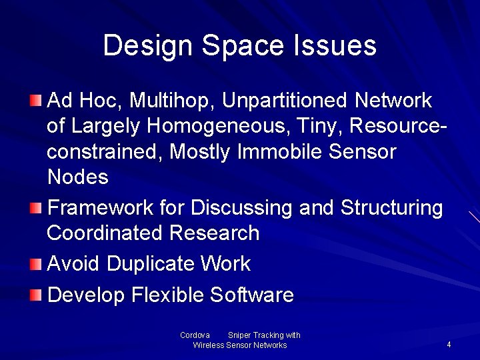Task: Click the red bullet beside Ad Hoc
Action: [36, 101]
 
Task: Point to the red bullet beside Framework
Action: [36, 208]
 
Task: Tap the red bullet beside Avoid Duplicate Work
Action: [36, 264]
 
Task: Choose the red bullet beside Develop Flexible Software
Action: [36, 295]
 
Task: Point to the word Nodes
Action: [78, 177]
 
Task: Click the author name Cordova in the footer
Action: [195, 335]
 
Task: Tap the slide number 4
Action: [449, 345]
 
